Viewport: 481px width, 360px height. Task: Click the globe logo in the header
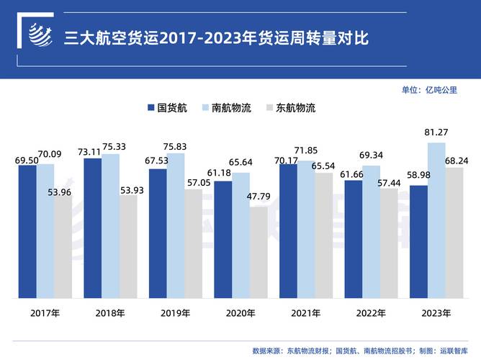[40, 35]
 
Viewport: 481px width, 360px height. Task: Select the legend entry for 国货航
[168, 108]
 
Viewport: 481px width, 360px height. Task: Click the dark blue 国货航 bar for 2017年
[27, 230]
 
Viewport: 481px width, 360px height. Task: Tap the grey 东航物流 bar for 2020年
[259, 252]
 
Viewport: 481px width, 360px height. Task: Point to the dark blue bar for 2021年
[288, 230]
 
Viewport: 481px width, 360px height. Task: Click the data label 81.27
[436, 132]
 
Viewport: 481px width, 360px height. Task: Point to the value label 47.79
[259, 196]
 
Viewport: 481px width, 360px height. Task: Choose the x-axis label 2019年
[176, 313]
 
